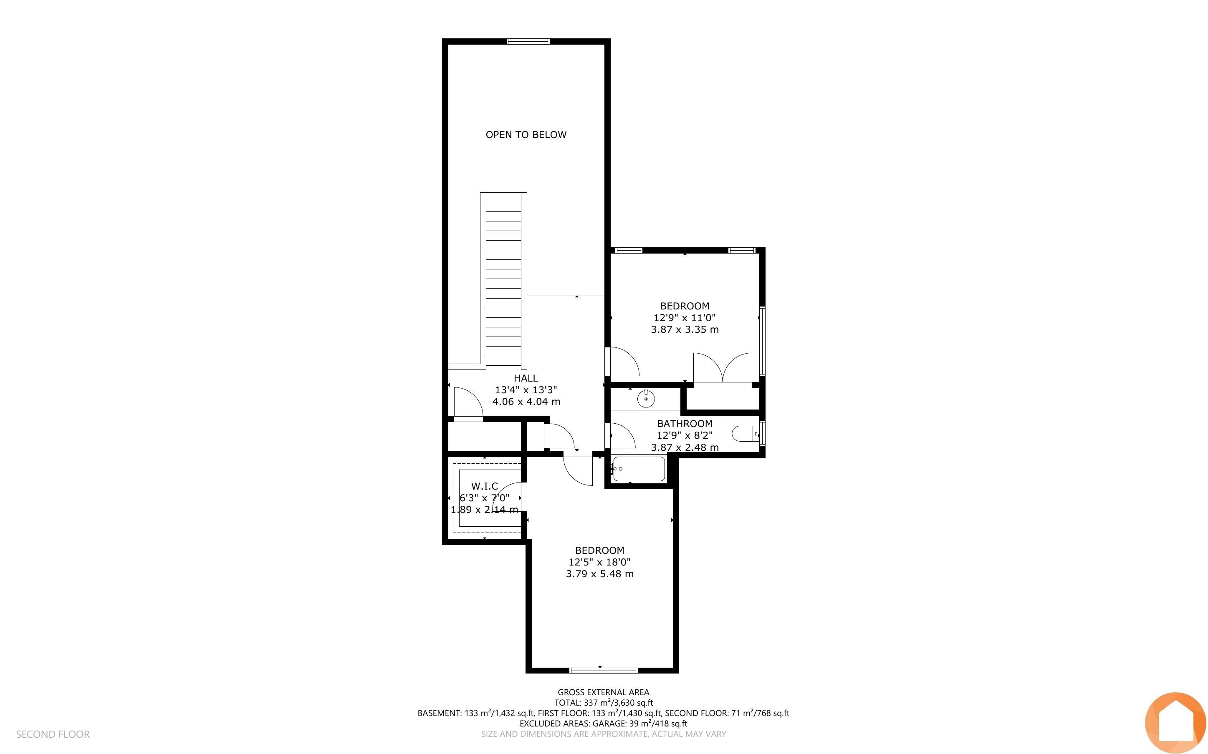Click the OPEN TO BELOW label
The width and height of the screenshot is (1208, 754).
click(x=526, y=135)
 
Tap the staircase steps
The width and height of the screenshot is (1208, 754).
click(x=503, y=280)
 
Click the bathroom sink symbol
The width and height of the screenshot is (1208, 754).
click(x=646, y=398)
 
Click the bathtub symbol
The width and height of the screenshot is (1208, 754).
click(x=639, y=469)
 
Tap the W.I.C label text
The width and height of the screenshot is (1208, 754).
click(x=485, y=486)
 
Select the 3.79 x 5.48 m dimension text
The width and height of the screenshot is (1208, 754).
click(x=600, y=574)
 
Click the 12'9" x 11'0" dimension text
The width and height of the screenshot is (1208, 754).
click(x=685, y=318)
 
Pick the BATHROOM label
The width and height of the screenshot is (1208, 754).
click(x=685, y=424)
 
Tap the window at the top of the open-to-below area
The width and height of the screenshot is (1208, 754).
click(x=528, y=41)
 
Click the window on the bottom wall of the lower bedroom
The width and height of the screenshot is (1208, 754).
click(x=603, y=670)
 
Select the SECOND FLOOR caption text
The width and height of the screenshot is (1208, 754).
click(x=53, y=734)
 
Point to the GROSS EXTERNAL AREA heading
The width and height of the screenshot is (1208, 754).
click(x=603, y=692)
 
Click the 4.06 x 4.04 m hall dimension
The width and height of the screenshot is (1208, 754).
click(x=526, y=402)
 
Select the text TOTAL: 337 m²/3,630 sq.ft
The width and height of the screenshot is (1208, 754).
click(x=603, y=703)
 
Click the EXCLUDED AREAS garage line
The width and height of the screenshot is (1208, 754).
click(x=603, y=724)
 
